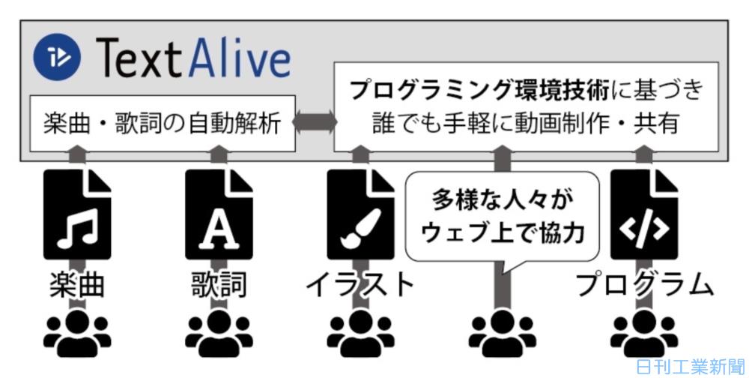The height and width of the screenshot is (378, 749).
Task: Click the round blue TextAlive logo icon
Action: [58, 57]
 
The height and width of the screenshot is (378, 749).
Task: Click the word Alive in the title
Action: [238, 58]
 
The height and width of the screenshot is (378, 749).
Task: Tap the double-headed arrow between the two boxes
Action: [314, 123]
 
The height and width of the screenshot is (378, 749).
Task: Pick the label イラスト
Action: [360, 285]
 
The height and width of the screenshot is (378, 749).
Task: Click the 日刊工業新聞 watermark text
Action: [688, 367]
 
